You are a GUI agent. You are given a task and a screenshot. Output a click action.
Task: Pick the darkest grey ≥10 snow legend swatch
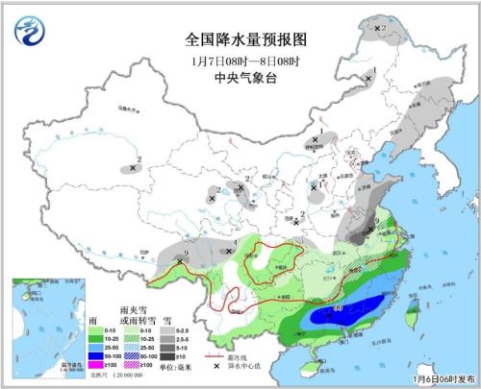pos(166,356)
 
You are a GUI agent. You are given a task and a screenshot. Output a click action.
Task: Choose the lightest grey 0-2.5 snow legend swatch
pos(166,330)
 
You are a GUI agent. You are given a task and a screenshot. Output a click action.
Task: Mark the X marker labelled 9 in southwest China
pos(179,259)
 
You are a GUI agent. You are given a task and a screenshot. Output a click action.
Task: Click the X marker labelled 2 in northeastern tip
pos(376,29)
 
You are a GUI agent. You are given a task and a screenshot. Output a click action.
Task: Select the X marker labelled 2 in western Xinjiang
pos(133,168)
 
